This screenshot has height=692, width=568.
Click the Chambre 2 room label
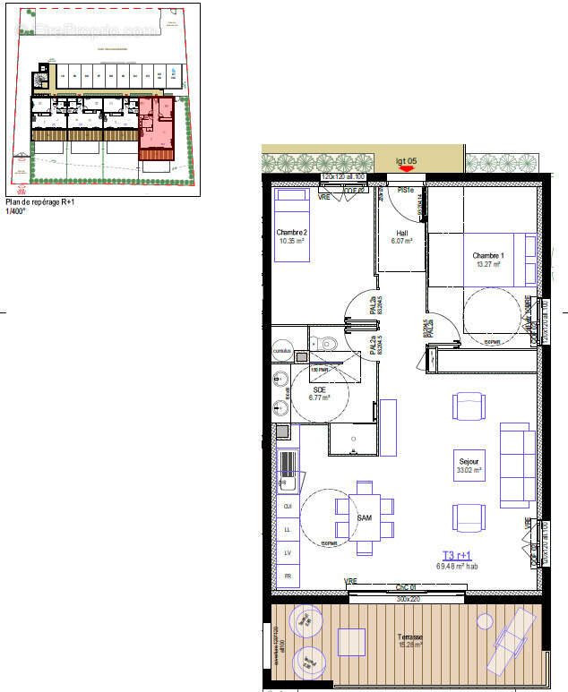(x=293, y=232)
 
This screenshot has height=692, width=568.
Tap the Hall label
(x=402, y=234)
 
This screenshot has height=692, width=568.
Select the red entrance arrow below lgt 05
(x=407, y=167)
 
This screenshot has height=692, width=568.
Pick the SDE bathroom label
(x=320, y=389)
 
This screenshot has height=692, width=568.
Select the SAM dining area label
(x=365, y=518)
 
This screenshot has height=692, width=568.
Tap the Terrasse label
(x=411, y=637)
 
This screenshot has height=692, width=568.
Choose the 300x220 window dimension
(x=409, y=598)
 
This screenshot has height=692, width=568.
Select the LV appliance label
(x=288, y=552)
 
